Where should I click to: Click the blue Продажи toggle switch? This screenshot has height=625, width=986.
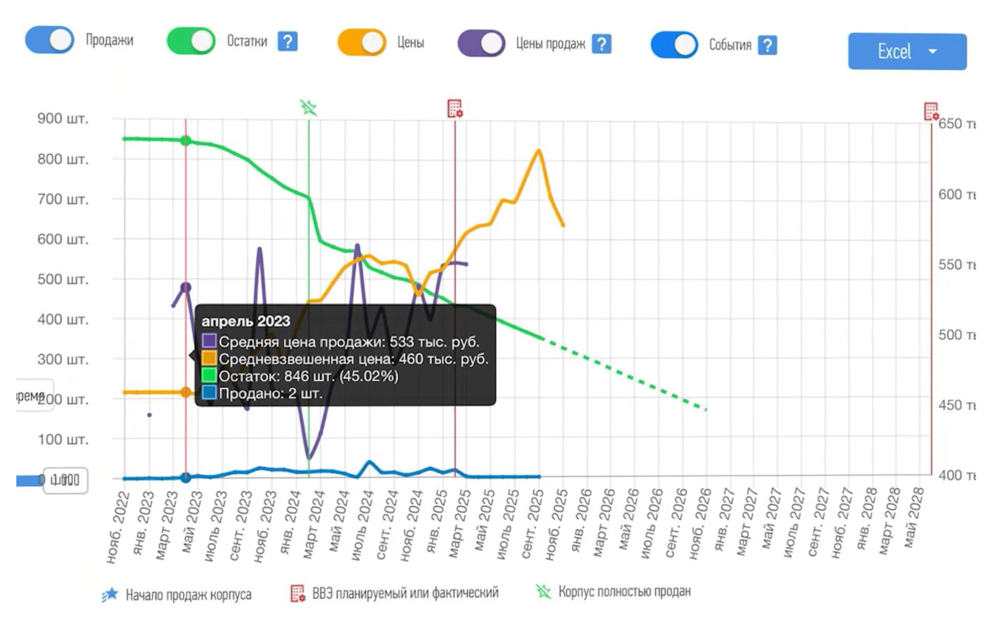[x=49, y=40]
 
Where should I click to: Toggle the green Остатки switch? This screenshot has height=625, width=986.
[x=191, y=41]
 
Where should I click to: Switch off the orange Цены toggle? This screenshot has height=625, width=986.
[x=361, y=42]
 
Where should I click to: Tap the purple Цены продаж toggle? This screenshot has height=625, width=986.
[x=481, y=44]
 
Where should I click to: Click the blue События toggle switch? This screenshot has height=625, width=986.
[x=674, y=45]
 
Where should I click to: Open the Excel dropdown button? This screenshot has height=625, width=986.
[x=907, y=51]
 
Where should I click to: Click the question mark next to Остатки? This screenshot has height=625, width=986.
[x=288, y=42]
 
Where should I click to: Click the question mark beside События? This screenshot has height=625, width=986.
[x=767, y=45]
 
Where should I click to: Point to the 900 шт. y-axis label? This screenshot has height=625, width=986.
[x=62, y=118]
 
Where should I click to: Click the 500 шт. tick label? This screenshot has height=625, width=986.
[x=62, y=279]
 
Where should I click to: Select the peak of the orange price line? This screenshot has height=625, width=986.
[x=539, y=151]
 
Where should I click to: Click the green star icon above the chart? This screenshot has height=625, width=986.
[x=308, y=108]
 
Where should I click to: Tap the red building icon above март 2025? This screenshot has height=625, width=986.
[x=455, y=108]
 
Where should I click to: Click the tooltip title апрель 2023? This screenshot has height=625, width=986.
[x=245, y=321]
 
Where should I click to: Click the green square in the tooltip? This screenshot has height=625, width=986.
[x=209, y=375]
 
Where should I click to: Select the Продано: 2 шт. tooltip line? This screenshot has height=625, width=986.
[x=271, y=393]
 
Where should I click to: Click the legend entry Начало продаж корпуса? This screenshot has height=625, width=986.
[x=188, y=595]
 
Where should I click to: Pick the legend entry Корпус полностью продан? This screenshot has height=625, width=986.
[x=624, y=591]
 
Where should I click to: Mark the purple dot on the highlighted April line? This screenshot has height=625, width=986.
[x=186, y=287]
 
